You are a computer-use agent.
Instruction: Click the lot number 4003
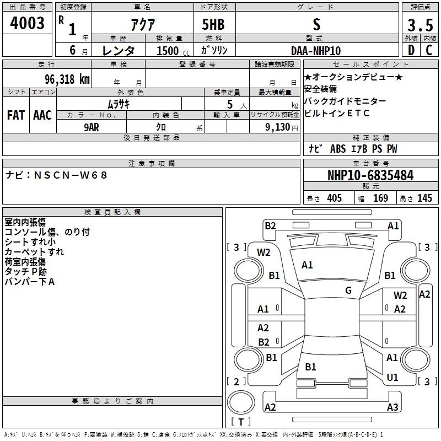(27, 23)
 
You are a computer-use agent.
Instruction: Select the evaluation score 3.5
(420, 25)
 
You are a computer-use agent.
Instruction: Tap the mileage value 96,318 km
(67, 79)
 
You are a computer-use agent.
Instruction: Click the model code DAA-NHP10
(316, 51)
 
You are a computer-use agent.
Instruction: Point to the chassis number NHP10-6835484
(370, 175)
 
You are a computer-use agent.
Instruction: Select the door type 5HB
(213, 24)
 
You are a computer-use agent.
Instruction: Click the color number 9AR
(92, 127)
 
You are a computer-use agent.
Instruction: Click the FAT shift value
(16, 115)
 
